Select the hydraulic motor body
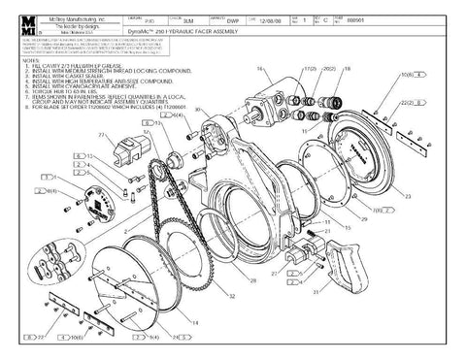[x=277, y=98]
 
